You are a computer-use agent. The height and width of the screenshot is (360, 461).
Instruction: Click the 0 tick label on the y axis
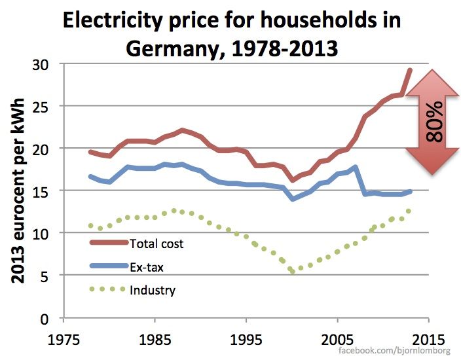49,318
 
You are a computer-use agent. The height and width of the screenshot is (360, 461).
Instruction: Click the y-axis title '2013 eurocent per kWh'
19,190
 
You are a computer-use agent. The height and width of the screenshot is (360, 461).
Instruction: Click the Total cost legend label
157,244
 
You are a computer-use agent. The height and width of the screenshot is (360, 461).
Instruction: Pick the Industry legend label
153,289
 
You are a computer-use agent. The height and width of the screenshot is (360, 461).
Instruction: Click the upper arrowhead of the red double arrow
432,82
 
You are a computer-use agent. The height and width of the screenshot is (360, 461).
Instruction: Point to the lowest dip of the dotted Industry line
292,270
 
